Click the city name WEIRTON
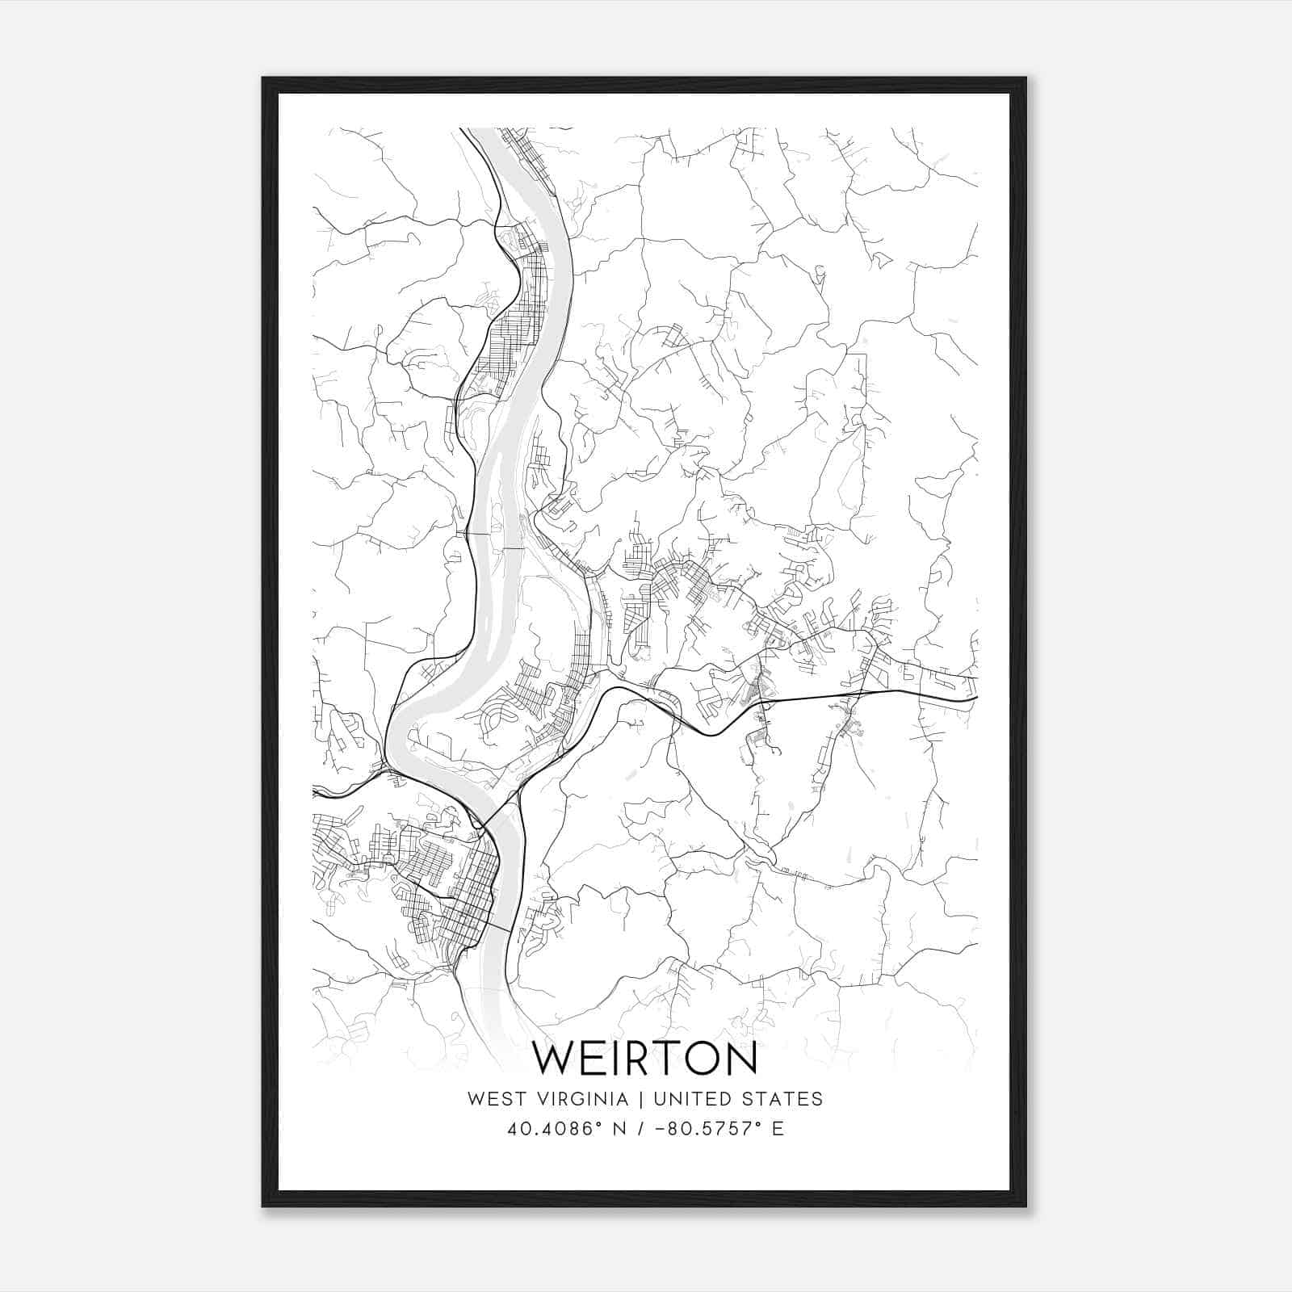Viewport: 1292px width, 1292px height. click(645, 1059)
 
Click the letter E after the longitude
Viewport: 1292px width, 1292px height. click(778, 1129)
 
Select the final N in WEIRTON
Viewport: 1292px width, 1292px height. click(742, 1059)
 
